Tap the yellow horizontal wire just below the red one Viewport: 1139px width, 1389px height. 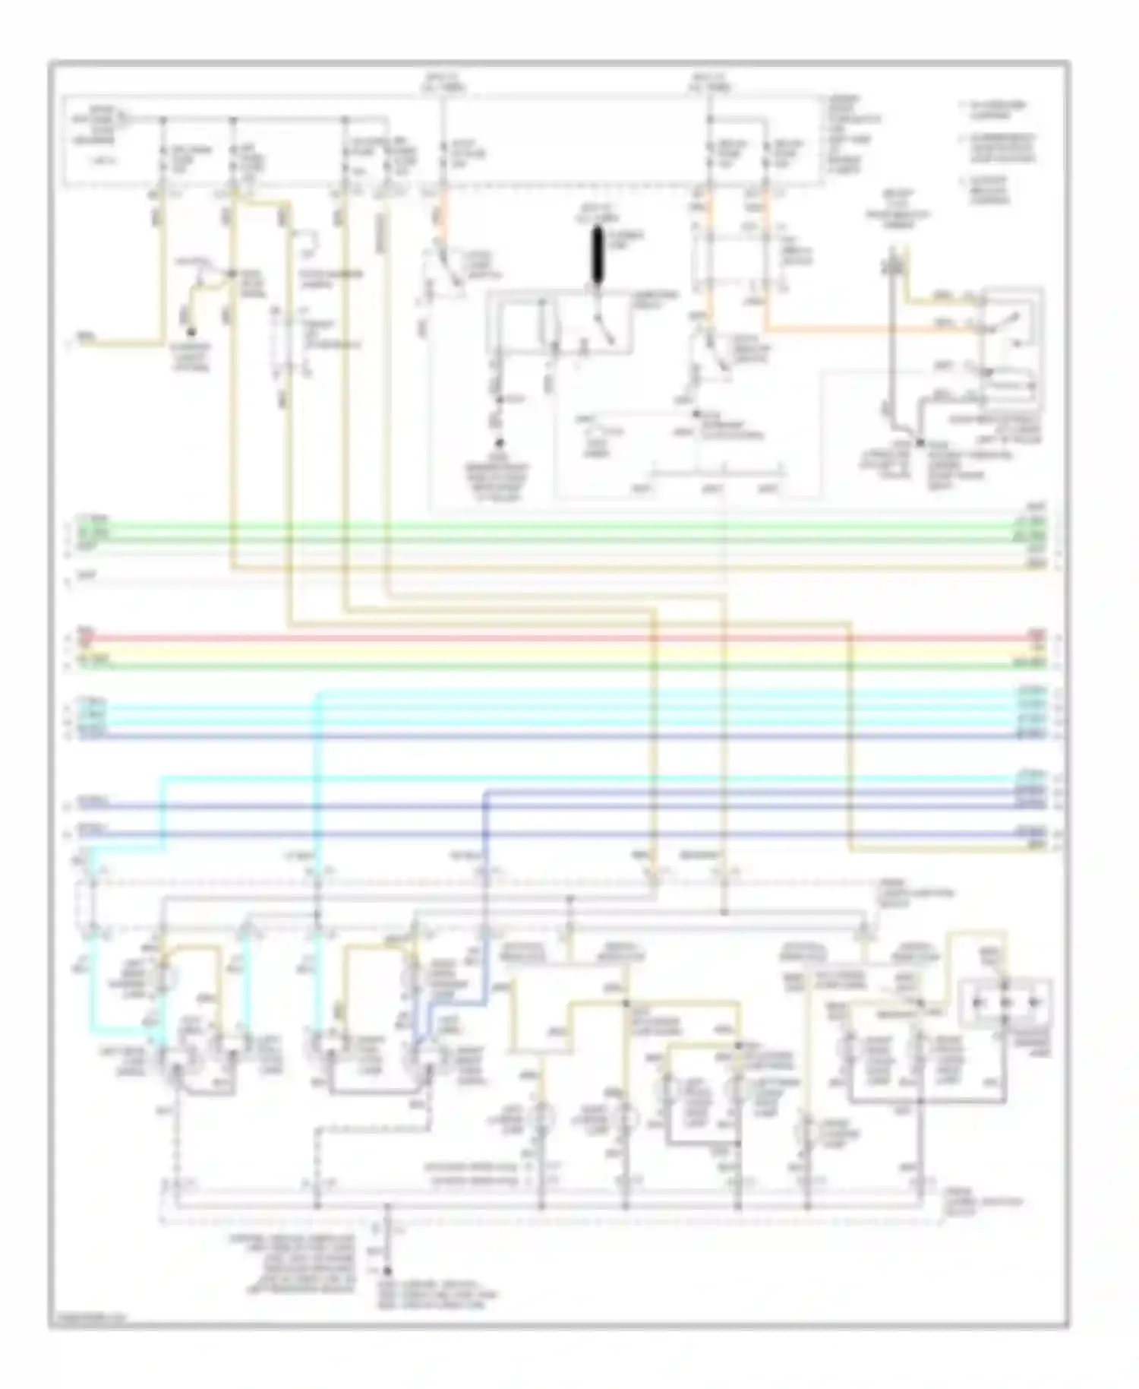click(x=532, y=652)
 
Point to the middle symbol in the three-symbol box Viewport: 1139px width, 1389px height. click(x=1005, y=1003)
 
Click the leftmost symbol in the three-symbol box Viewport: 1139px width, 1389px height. click(x=980, y=1003)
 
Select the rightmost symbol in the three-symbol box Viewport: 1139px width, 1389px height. click(x=1033, y=1003)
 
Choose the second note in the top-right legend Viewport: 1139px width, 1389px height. click(x=999, y=148)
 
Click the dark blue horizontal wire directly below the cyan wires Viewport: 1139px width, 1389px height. click(x=532, y=736)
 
